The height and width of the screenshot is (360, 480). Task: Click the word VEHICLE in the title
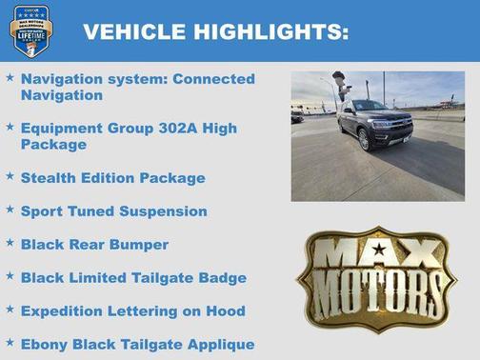(x=134, y=32)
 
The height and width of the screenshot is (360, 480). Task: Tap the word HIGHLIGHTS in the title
(x=270, y=32)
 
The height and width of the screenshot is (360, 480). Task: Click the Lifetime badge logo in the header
(x=31, y=31)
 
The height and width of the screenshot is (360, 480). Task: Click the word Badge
(x=225, y=277)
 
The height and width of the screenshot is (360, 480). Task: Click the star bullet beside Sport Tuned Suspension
(x=10, y=210)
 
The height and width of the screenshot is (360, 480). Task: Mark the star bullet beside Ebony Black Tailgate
(x=10, y=343)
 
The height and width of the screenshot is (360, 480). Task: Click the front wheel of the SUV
(x=364, y=139)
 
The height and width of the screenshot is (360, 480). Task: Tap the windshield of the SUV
(x=371, y=106)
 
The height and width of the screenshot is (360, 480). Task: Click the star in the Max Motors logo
(x=379, y=250)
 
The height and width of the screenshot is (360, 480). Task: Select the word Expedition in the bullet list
(x=62, y=310)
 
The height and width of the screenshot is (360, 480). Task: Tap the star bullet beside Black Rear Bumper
(x=10, y=243)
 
